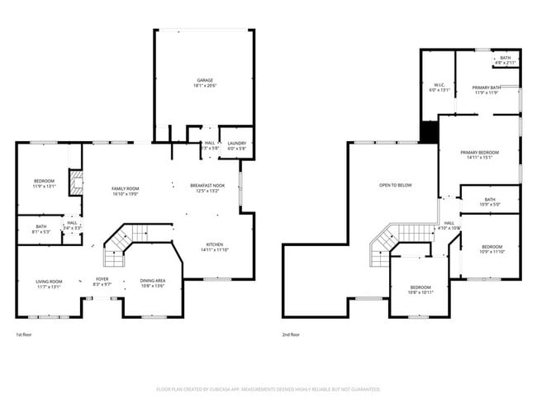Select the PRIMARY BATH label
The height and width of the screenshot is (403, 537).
pos(487,89)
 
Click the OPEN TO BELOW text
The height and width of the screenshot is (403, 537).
pos(395,186)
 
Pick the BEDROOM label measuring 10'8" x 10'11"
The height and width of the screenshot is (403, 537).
pos(421,289)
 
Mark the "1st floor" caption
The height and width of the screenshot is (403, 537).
pos(25,335)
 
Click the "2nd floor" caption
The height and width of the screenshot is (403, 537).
pos(291,335)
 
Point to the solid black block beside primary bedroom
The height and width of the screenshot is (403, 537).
pos(429,132)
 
